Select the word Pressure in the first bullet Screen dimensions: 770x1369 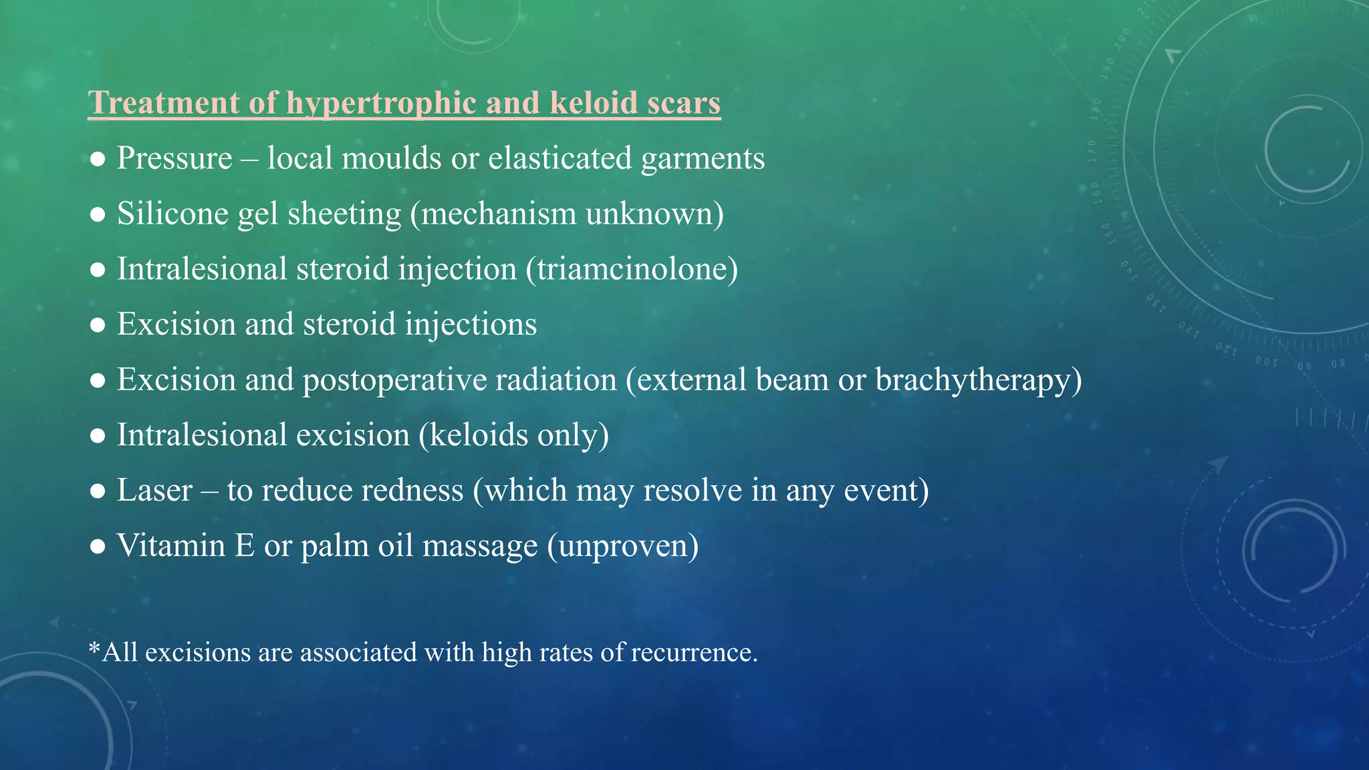[174, 158]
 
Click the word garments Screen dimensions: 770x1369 [703, 158]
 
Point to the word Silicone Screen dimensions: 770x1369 [172, 214]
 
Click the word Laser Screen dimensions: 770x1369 [154, 491]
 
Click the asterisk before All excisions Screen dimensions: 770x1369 [94, 648]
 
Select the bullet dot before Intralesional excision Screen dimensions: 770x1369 [98, 436]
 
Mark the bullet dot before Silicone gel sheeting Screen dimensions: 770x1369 [98, 215]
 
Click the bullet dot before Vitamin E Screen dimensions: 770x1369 [98, 547]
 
